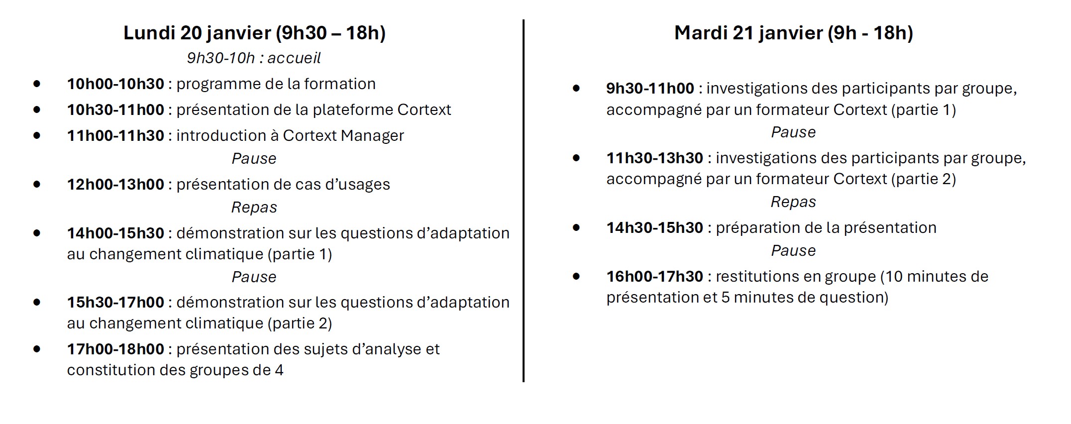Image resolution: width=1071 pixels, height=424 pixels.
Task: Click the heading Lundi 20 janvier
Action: [x=197, y=33]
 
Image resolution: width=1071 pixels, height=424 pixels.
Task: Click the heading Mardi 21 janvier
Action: [x=749, y=33]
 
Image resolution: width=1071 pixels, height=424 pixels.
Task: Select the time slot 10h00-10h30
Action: [x=115, y=84]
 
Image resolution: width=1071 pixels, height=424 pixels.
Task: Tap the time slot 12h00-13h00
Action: [x=115, y=184]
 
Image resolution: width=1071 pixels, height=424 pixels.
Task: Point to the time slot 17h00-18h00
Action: [x=115, y=349]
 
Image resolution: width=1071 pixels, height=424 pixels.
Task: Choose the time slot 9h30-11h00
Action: [x=650, y=88]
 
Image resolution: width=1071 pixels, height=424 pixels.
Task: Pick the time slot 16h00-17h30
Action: [x=654, y=276]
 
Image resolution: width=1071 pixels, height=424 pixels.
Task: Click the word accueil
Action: [x=294, y=58]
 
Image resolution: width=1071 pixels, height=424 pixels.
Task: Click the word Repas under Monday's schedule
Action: [x=254, y=208]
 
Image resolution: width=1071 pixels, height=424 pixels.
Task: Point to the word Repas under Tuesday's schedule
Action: [x=793, y=202]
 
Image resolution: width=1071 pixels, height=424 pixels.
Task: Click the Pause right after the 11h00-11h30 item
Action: [x=254, y=159]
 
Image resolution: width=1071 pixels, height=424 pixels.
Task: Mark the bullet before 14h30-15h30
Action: [x=576, y=227]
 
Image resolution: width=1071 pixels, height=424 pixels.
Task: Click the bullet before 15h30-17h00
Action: [x=37, y=302]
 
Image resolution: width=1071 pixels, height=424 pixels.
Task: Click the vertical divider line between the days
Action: [x=524, y=201]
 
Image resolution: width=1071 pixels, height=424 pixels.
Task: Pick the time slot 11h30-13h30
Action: [x=654, y=158]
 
